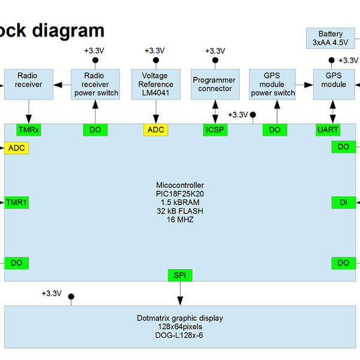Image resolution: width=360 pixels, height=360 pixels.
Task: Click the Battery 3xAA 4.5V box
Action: (x=331, y=38)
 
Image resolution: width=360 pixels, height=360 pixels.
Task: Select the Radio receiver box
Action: (x=29, y=85)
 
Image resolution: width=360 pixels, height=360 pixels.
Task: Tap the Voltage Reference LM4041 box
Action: (x=155, y=85)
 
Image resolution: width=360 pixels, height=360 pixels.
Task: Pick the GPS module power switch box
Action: (x=272, y=85)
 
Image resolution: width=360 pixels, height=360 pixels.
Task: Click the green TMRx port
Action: (x=28, y=130)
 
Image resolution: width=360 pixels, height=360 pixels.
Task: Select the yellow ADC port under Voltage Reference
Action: (x=155, y=130)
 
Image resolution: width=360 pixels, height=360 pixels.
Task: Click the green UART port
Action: (x=328, y=130)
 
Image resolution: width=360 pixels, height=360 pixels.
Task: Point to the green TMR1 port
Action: (x=16, y=203)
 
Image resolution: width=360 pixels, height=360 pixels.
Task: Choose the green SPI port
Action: (x=179, y=275)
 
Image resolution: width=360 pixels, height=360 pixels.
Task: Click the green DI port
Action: (x=343, y=203)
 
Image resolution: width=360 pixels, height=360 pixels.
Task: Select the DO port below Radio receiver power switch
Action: (x=95, y=130)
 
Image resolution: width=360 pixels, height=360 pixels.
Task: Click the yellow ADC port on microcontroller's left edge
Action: (x=16, y=148)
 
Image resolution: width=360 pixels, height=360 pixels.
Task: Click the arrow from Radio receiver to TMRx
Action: (x=28, y=112)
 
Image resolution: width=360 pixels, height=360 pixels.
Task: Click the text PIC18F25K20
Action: (x=179, y=194)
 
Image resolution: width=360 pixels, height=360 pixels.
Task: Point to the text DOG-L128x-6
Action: (x=179, y=335)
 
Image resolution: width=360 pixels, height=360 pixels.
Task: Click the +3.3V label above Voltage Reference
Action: (x=155, y=50)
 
